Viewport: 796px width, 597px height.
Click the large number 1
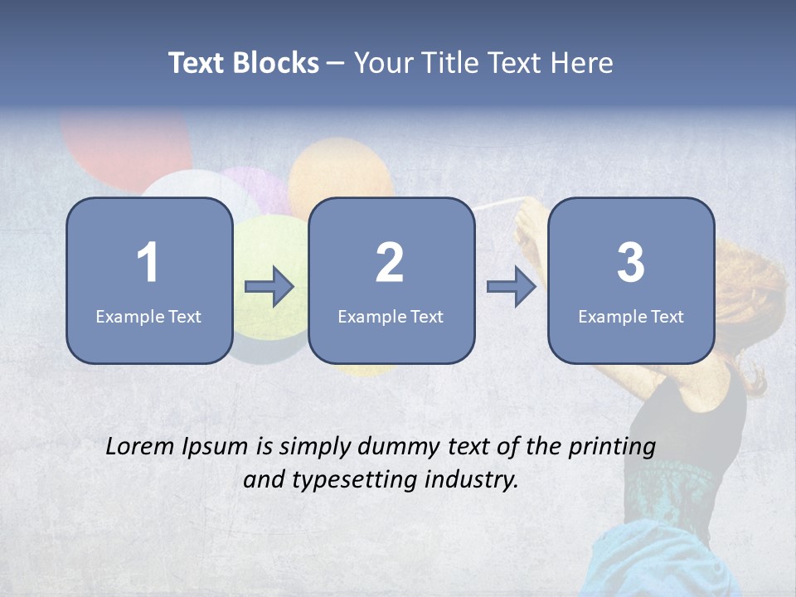148,263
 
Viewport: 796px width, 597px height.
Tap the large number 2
390,263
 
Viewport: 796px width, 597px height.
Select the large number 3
631,263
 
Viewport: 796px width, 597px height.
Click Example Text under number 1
148,316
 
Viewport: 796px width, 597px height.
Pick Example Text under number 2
391,316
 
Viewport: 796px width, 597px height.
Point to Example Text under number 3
631,316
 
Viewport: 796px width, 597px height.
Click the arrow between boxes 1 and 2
269,287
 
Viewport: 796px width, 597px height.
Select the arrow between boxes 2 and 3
512,287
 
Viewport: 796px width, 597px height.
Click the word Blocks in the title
276,63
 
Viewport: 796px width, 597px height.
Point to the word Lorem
142,446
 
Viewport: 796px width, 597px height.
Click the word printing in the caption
612,448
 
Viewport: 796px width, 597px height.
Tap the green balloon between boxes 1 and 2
272,249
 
